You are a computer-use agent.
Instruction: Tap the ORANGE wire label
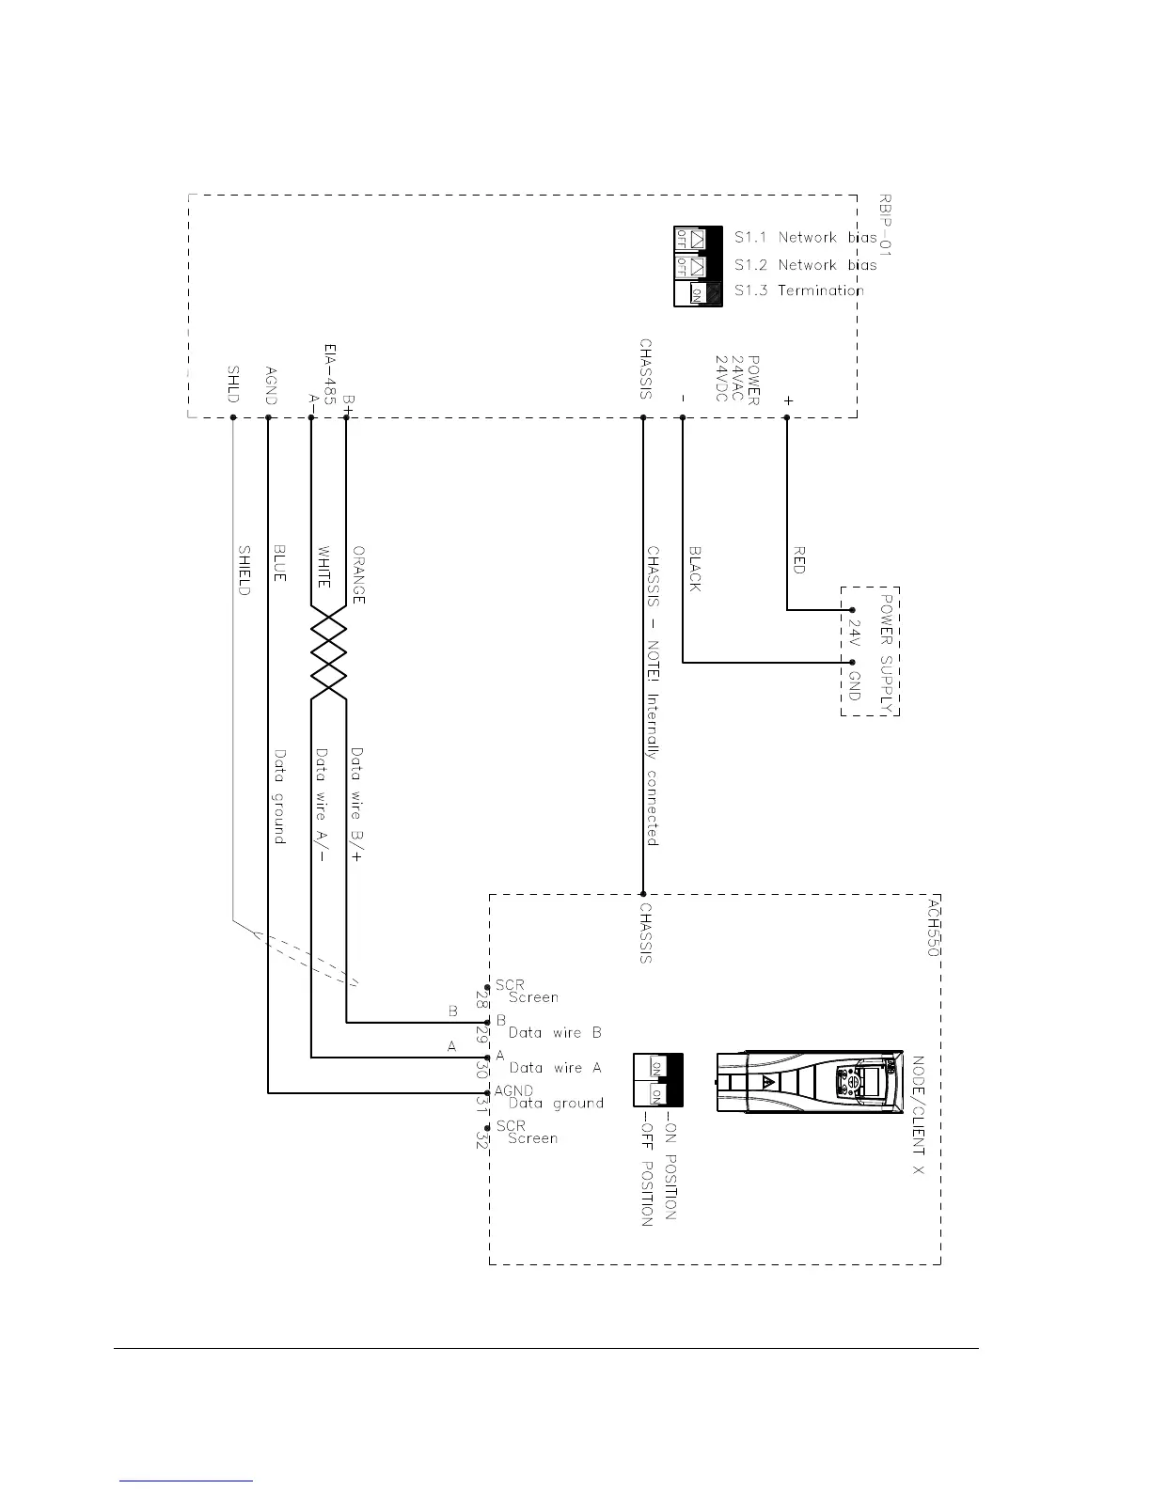tap(358, 574)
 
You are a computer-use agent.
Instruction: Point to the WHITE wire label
tap(323, 568)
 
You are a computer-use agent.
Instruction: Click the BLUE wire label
tap(279, 562)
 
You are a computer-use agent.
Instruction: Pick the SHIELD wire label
tap(244, 570)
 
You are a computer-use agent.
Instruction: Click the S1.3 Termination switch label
tap(798, 290)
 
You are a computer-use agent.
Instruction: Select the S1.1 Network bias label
tap(805, 238)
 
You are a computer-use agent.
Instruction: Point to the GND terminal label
tap(854, 685)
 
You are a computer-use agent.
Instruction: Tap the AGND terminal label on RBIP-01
tap(271, 385)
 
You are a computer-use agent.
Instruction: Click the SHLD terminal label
tap(233, 384)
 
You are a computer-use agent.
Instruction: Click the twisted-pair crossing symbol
tap(329, 652)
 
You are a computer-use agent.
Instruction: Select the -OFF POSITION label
tap(646, 1169)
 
